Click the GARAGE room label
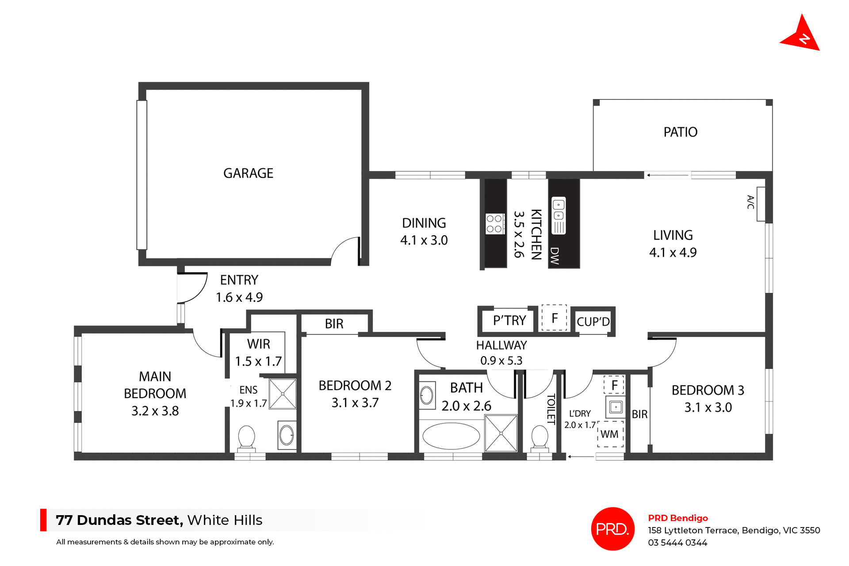(248, 173)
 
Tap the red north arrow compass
(801, 36)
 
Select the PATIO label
(680, 132)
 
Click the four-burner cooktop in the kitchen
(494, 224)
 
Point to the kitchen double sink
(558, 210)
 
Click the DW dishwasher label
(555, 255)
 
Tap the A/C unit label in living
(750, 202)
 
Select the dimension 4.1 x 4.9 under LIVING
(673, 253)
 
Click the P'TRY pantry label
(509, 320)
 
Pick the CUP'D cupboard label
(593, 322)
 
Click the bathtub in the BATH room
(451, 436)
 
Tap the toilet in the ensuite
(246, 437)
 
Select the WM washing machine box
(610, 434)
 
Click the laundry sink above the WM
(616, 407)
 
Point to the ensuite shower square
(283, 394)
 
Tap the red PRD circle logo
(612, 528)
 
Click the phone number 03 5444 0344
(677, 543)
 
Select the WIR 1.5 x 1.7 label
(258, 353)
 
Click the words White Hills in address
(225, 520)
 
